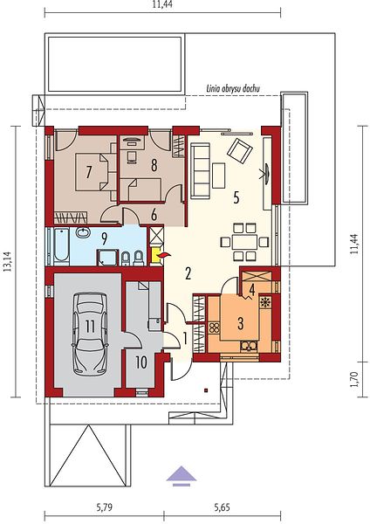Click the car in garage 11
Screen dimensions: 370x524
coord(90,334)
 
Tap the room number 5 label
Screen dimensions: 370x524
coord(236,198)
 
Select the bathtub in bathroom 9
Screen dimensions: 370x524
coord(61,246)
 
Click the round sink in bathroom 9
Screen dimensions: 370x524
coord(83,232)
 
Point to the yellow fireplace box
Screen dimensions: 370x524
coord(156,256)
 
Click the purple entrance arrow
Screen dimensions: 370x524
coord(182,475)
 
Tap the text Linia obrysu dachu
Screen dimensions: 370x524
coord(233,88)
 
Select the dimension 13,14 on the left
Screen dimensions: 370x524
coord(7,261)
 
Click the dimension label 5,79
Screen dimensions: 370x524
coord(104,507)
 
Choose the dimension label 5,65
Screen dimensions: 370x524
coord(222,507)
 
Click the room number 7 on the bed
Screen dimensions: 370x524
coord(88,172)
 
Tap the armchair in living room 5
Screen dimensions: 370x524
coord(239,151)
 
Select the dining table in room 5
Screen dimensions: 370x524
coord(244,242)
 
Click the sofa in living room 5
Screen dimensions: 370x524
coord(201,171)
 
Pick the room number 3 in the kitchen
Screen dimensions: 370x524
coord(241,323)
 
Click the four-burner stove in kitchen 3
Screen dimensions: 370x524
coord(214,327)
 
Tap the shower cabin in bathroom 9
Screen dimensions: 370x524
coord(107,258)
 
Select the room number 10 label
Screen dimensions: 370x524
coord(141,362)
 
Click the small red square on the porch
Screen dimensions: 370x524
coord(207,390)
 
